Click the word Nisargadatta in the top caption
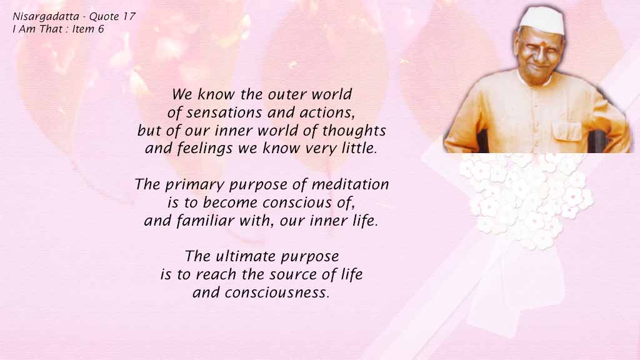46,17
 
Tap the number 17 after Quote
129,16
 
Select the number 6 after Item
101,29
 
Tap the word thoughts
354,131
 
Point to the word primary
195,185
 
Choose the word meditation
350,184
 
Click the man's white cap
542,19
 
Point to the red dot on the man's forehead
539,42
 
